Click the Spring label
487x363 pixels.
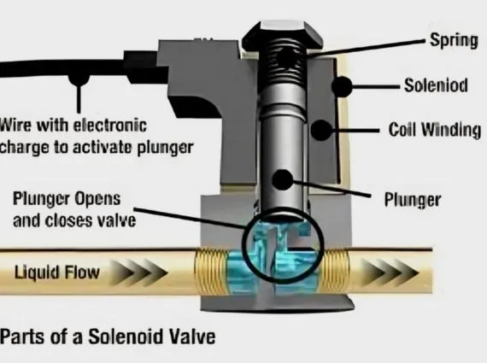(x=454, y=40)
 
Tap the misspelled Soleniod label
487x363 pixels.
(x=436, y=85)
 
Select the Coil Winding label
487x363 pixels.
(x=435, y=130)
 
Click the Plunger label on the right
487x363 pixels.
(x=413, y=199)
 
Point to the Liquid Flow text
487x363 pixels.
(x=57, y=272)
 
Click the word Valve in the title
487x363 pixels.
(x=192, y=337)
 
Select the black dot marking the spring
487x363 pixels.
(x=287, y=57)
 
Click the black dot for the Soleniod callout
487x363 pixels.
(x=342, y=86)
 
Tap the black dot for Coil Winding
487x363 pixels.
(x=321, y=130)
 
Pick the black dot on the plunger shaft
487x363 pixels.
(x=283, y=180)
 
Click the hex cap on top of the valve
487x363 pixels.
(x=282, y=33)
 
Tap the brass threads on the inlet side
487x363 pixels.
(x=210, y=271)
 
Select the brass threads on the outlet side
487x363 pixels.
(x=335, y=271)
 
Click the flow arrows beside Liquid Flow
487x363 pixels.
(x=138, y=273)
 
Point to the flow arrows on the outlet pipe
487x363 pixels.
(x=390, y=272)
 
